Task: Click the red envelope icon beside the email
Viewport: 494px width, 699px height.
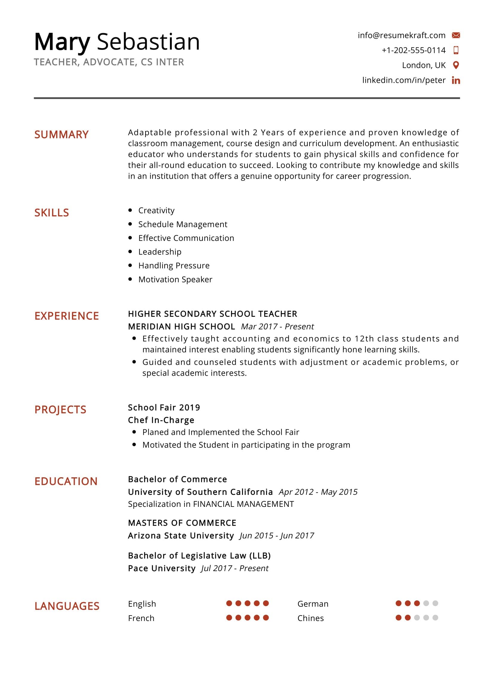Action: click(456, 35)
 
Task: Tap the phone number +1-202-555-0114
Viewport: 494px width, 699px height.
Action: click(413, 50)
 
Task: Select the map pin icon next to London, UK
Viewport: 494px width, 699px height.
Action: click(456, 65)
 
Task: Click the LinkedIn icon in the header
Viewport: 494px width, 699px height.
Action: click(456, 80)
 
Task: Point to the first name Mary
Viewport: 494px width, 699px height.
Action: click(62, 42)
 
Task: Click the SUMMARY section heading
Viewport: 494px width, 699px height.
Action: click(62, 134)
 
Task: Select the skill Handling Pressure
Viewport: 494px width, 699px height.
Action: click(174, 265)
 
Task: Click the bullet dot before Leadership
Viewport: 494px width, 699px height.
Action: click(130, 251)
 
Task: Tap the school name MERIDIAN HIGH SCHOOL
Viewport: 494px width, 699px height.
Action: click(181, 326)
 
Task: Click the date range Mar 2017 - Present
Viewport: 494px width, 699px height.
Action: click(277, 326)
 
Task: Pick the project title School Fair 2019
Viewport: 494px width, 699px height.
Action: click(164, 407)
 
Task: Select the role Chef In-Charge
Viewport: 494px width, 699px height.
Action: click(161, 420)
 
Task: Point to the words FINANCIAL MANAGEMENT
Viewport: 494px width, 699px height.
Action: click(244, 504)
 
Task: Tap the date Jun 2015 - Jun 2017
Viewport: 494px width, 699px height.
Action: click(277, 536)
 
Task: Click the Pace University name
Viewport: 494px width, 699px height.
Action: click(162, 568)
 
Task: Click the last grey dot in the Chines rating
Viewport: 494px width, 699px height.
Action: click(435, 617)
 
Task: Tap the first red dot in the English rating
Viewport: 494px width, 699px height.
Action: click(229, 603)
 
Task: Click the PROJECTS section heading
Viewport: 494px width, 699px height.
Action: click(60, 409)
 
